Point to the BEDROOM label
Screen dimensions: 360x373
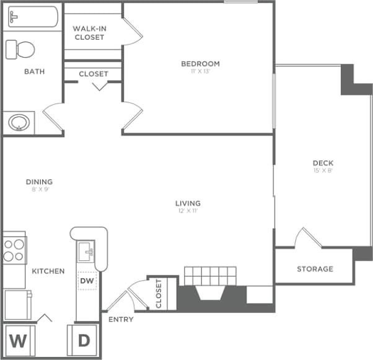pyautogui.click(x=200, y=64)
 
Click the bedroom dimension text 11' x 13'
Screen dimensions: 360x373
pyautogui.click(x=200, y=71)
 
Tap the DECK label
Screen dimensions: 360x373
pyautogui.click(x=323, y=164)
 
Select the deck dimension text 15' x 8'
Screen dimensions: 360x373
pyautogui.click(x=323, y=171)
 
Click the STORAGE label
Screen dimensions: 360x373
pyautogui.click(x=315, y=269)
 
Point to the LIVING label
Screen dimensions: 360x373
pyautogui.click(x=188, y=203)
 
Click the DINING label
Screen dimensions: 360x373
pyautogui.click(x=39, y=182)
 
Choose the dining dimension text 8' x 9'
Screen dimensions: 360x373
pyautogui.click(x=39, y=189)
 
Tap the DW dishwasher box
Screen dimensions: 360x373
pyautogui.click(x=87, y=281)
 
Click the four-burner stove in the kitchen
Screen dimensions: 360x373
pyautogui.click(x=14, y=249)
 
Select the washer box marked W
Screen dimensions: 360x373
pyautogui.click(x=19, y=341)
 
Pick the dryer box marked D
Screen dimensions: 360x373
pyautogui.click(x=84, y=341)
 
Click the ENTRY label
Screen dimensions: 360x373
pyautogui.click(x=121, y=319)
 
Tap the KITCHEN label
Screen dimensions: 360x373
pyautogui.click(x=48, y=271)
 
